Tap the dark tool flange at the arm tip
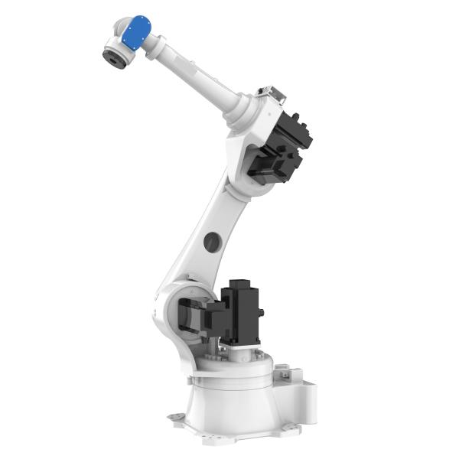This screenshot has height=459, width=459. coord(113,56)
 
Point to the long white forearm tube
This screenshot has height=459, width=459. coord(195,73)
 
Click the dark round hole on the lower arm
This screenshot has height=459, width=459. coord(212,243)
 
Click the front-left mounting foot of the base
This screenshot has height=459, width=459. coord(177,418)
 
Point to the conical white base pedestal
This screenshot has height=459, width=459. coord(229,405)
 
